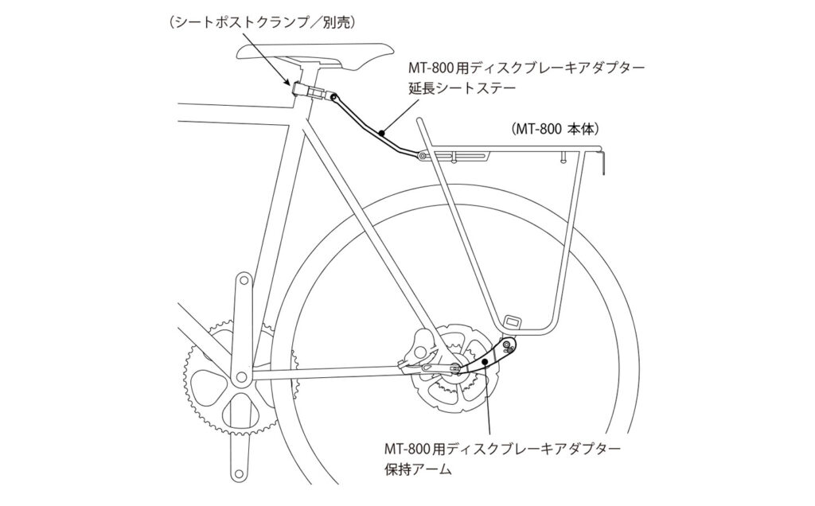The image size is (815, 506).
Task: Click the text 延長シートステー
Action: [x=462, y=88]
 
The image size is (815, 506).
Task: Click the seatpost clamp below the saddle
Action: [x=312, y=91]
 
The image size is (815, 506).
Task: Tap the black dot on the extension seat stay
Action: [x=381, y=133]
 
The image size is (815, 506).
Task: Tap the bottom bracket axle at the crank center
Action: [x=240, y=375]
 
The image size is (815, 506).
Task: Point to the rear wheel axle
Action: [x=455, y=368]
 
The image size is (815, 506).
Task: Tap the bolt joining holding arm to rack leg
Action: [x=510, y=345]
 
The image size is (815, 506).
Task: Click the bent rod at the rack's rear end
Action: [x=602, y=160]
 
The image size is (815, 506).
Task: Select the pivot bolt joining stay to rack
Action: [x=423, y=155]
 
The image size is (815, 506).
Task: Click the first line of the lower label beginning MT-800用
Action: [x=502, y=447]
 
